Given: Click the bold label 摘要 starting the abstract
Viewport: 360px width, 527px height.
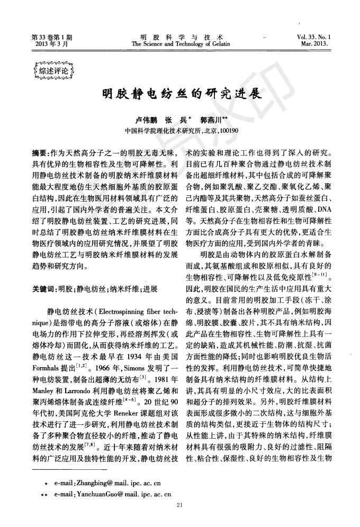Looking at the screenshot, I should (40, 153).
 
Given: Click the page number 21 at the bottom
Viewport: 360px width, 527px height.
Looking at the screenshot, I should (180, 506).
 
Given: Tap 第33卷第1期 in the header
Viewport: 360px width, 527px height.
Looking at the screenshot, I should (51, 37).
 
